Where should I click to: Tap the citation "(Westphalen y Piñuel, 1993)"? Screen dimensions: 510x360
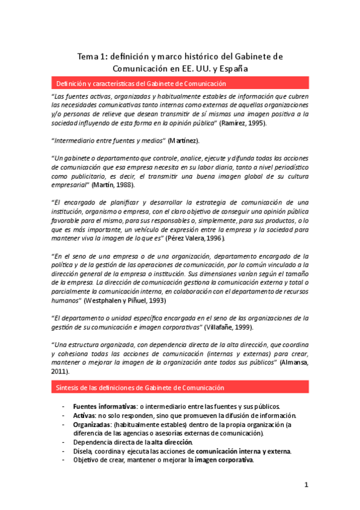(126, 300)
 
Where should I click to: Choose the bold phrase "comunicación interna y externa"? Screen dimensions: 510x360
(243, 451)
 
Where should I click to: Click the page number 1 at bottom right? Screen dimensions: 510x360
(306, 485)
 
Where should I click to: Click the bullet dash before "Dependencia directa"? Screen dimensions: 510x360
(64, 442)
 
